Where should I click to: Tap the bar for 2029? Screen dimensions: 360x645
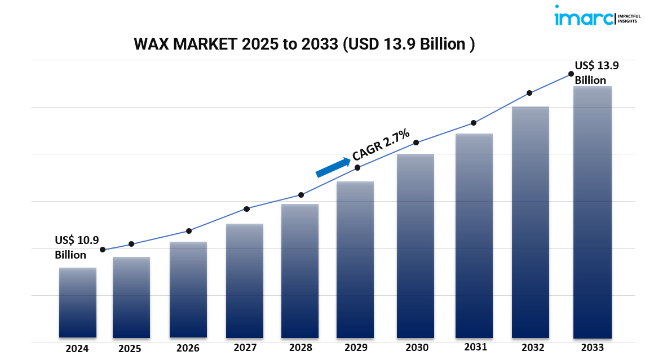[x=355, y=260]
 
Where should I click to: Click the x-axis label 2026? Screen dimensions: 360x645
[x=188, y=348]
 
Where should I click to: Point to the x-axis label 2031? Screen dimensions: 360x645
[x=475, y=347]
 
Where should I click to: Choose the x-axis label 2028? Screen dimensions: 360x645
[x=301, y=348]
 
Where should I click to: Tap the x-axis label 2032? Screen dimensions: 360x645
[x=532, y=348]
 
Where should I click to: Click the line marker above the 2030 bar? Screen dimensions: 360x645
[x=416, y=143]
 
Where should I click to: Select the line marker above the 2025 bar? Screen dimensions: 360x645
[x=131, y=244]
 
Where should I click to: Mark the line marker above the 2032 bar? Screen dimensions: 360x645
[x=529, y=93]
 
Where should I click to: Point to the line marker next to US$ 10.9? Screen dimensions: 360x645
[x=103, y=250]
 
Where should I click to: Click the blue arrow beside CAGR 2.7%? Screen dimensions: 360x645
[x=333, y=168]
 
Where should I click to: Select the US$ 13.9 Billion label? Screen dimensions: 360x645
[x=597, y=73]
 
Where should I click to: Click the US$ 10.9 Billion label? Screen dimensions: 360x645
[x=76, y=247]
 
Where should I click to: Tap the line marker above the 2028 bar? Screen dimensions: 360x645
[x=301, y=195]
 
